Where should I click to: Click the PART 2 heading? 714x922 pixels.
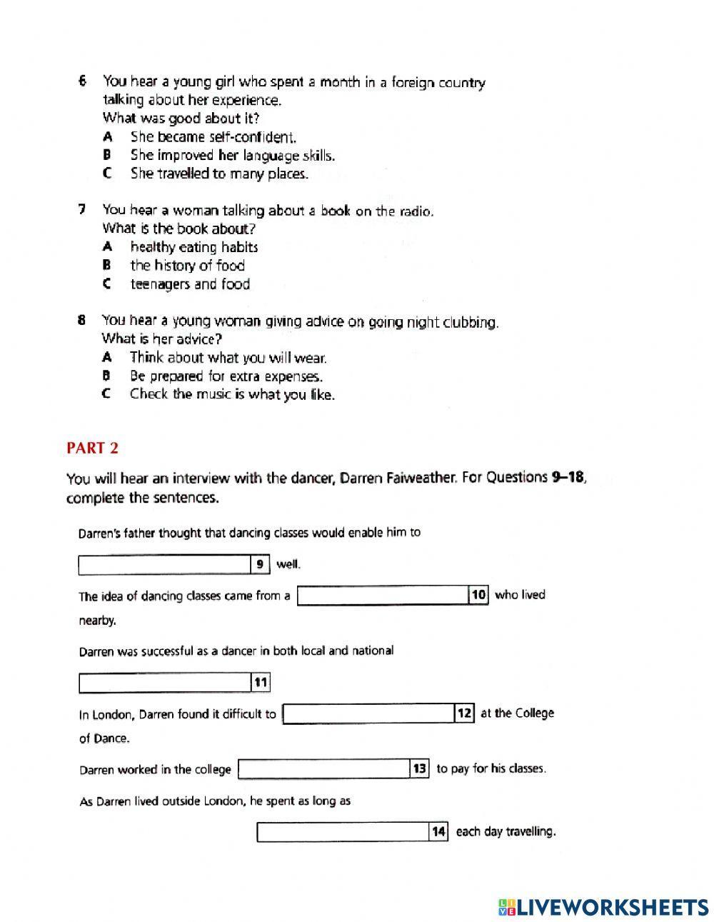(92, 449)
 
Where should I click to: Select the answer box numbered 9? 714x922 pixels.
(164, 565)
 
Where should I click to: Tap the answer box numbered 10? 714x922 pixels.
(382, 596)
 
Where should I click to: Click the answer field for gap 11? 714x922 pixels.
(164, 683)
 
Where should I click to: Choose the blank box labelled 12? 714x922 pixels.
(368, 713)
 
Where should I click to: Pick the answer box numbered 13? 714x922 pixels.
(323, 769)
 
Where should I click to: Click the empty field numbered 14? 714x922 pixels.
(343, 832)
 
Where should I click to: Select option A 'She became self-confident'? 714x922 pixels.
(213, 136)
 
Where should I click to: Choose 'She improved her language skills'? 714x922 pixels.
(232, 155)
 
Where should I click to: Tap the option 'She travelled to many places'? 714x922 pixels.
(219, 174)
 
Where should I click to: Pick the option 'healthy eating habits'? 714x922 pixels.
(193, 247)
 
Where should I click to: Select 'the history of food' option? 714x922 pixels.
(187, 266)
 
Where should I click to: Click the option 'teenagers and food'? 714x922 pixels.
(190, 284)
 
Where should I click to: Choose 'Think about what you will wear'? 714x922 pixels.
(228, 358)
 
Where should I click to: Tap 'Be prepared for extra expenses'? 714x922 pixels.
(226, 376)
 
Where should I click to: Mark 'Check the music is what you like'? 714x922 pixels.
(232, 394)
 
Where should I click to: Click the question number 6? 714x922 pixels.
(83, 81)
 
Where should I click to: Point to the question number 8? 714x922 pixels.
(82, 320)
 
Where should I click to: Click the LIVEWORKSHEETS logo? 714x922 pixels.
(603, 906)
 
